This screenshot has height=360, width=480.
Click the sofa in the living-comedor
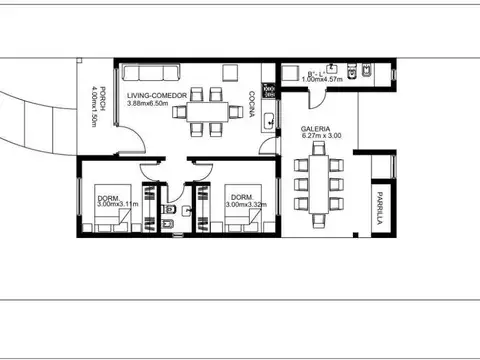point(148,72)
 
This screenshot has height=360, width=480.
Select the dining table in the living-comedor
point(204,112)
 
